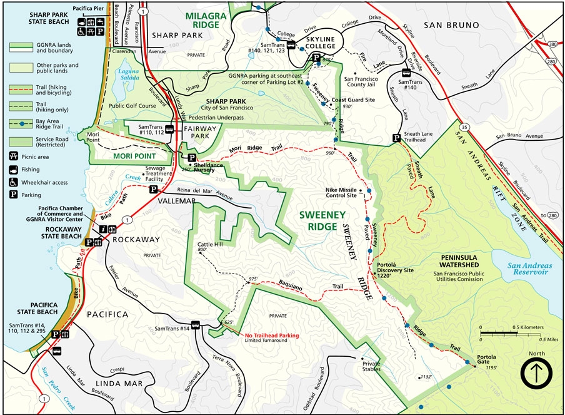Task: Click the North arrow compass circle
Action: click(x=536, y=372)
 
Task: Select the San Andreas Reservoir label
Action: click(x=527, y=269)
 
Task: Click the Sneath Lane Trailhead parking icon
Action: click(x=396, y=138)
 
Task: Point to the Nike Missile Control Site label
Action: click(x=341, y=192)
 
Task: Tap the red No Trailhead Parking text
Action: click(x=271, y=336)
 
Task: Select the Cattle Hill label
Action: click(x=210, y=245)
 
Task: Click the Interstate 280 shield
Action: click(x=549, y=61)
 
